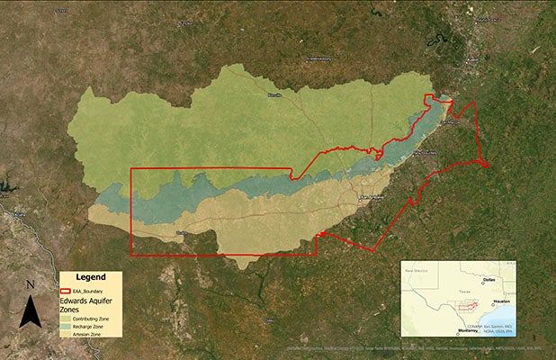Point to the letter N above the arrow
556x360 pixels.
pos(31,285)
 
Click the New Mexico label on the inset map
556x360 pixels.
pos(419,270)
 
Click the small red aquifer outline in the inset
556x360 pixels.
pos(471,307)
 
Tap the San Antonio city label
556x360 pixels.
pos(370,195)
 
